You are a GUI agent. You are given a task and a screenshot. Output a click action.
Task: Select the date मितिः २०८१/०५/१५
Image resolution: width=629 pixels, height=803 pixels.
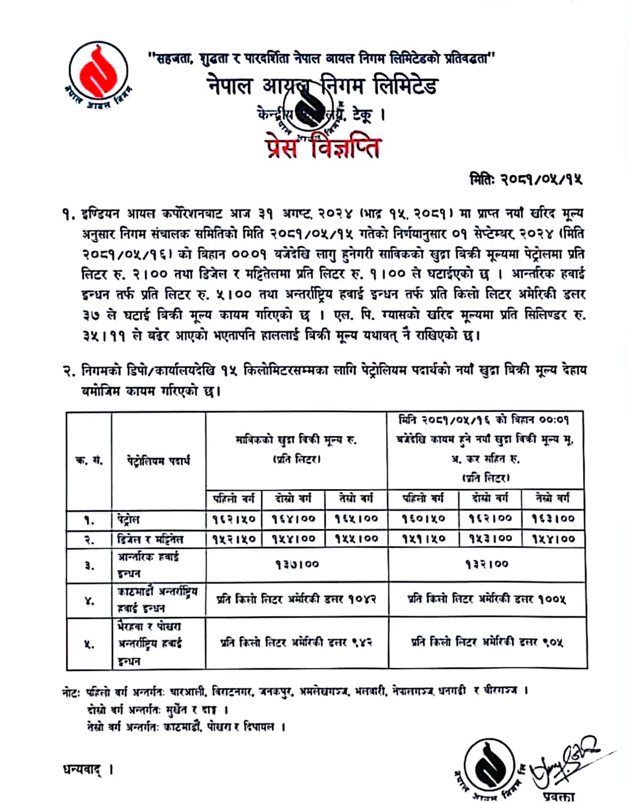coord(526,179)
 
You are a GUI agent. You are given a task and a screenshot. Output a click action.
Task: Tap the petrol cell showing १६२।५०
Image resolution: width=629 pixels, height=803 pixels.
coord(234,518)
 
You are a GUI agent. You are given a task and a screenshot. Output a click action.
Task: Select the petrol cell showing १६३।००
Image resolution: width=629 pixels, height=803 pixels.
coord(553,518)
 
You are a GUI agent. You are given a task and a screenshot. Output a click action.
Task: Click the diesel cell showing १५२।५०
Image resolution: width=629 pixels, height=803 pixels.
coord(234,539)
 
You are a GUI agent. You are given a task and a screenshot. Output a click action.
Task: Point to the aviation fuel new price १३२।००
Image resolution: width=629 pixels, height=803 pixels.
coord(486,564)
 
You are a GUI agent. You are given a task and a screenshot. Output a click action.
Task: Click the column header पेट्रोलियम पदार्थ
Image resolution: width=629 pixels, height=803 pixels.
coord(158,461)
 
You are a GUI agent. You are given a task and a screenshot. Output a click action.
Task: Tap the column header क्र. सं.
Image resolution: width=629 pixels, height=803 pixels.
coord(89,461)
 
